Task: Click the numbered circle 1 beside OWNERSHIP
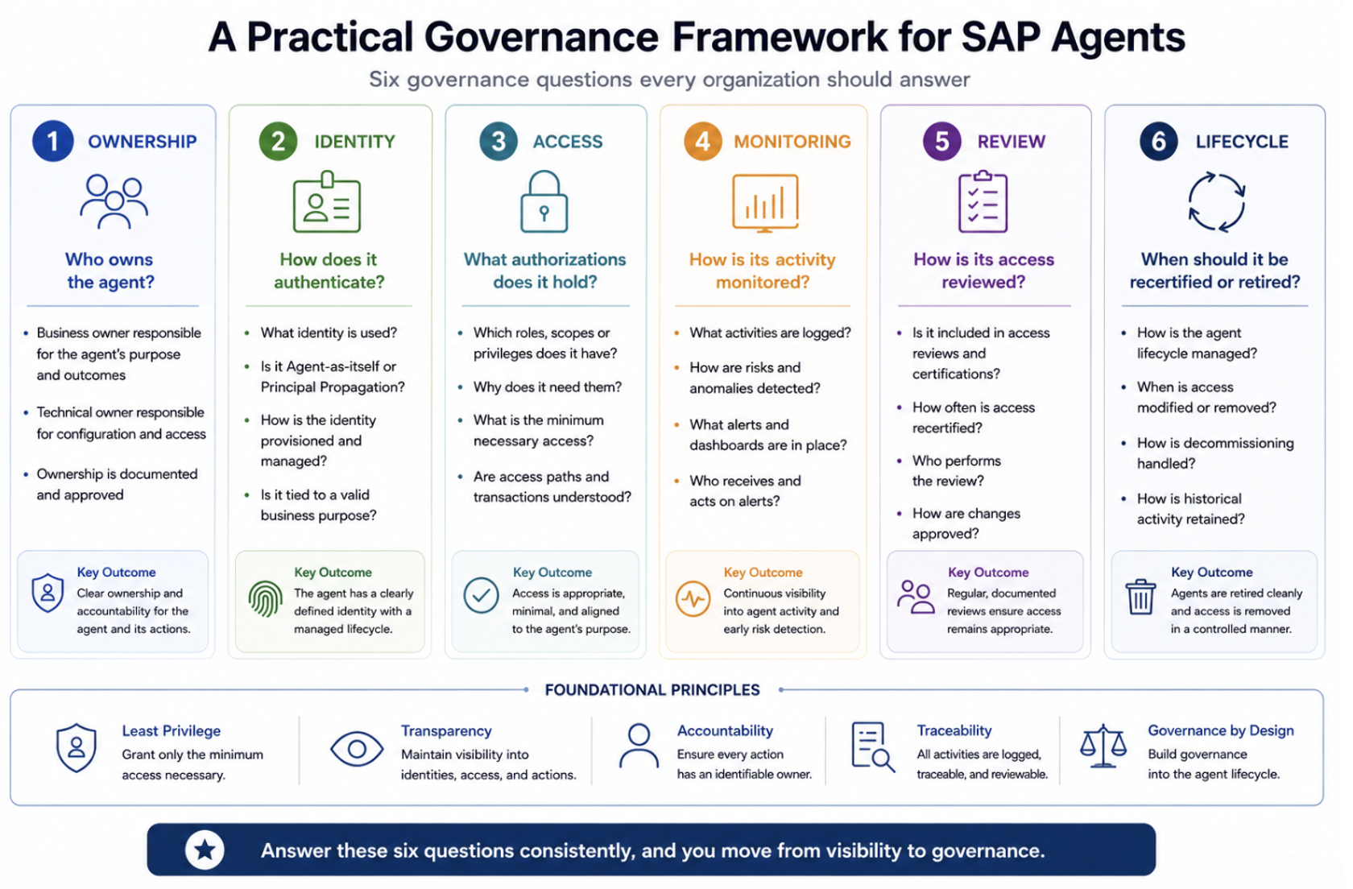pos(53,142)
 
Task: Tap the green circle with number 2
pos(278,142)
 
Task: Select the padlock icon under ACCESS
pos(544,201)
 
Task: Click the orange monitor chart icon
pos(765,203)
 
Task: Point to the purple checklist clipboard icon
pos(983,201)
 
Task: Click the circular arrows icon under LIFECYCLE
pos(1216,202)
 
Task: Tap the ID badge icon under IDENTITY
pos(327,201)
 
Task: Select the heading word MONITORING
pos(792,142)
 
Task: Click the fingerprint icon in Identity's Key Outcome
pos(265,598)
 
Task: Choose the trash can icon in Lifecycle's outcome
pos(1140,597)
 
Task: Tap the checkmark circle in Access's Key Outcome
pos(482,596)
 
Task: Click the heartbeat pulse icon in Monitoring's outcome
pos(693,598)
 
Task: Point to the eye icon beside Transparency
pos(356,749)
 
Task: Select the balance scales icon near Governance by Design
pos(1103,746)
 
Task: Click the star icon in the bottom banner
pos(205,850)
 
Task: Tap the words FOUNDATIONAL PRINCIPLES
pos(652,690)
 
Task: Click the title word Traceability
pos(954,731)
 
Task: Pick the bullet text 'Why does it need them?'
pos(548,387)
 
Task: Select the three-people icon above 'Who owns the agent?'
pos(114,201)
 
